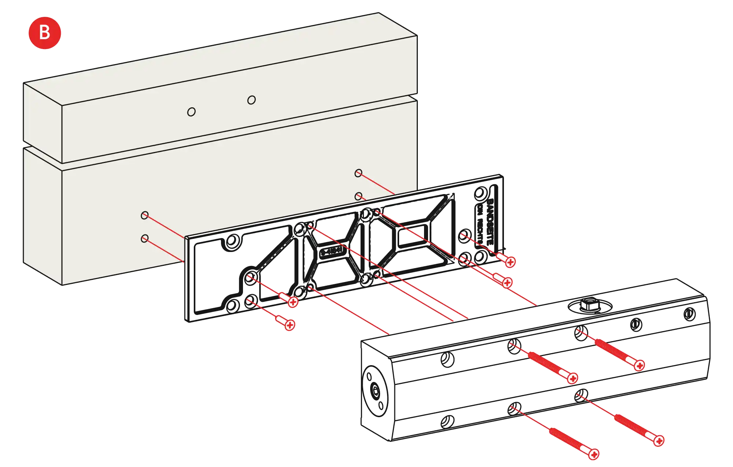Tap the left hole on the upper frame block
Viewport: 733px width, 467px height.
click(x=191, y=112)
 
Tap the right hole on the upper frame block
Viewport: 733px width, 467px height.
click(x=251, y=100)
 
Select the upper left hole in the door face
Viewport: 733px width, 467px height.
click(x=145, y=215)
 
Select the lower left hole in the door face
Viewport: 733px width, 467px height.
click(x=145, y=239)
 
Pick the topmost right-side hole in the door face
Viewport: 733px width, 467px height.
click(x=358, y=173)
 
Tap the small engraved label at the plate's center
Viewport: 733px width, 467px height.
click(x=331, y=252)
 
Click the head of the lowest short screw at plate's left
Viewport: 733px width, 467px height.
click(x=290, y=325)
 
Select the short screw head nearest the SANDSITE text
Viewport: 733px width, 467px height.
click(x=510, y=262)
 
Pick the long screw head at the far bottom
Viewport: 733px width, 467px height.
click(x=594, y=454)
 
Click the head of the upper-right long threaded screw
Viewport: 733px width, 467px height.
click(x=639, y=366)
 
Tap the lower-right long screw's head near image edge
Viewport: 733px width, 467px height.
click(x=659, y=441)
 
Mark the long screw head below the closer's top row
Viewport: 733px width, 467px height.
click(x=572, y=378)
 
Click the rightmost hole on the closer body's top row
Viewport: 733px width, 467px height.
click(x=689, y=313)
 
